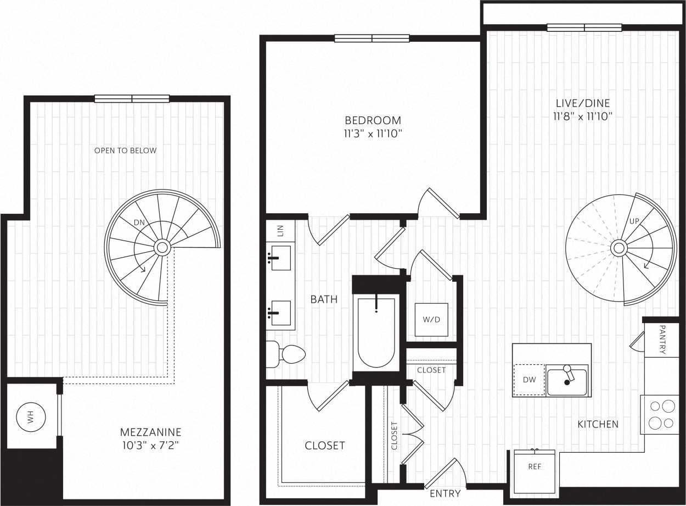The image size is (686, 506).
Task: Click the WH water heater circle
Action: (x=30, y=416)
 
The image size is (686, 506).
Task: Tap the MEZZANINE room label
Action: (x=150, y=432)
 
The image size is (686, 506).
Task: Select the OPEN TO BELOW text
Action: (x=125, y=151)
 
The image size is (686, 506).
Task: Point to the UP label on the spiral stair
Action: (x=634, y=221)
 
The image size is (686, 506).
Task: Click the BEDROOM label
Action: (x=373, y=120)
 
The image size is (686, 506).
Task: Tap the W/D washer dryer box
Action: (x=431, y=319)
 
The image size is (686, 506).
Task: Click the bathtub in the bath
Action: (x=376, y=333)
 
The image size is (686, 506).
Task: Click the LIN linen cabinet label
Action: (x=280, y=231)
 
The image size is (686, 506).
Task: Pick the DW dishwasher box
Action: (x=529, y=380)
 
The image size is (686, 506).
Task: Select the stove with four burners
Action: (x=661, y=414)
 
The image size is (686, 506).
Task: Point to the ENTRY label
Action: (x=445, y=493)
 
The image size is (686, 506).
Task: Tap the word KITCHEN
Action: (x=598, y=424)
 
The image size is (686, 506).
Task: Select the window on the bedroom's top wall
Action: (x=372, y=38)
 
